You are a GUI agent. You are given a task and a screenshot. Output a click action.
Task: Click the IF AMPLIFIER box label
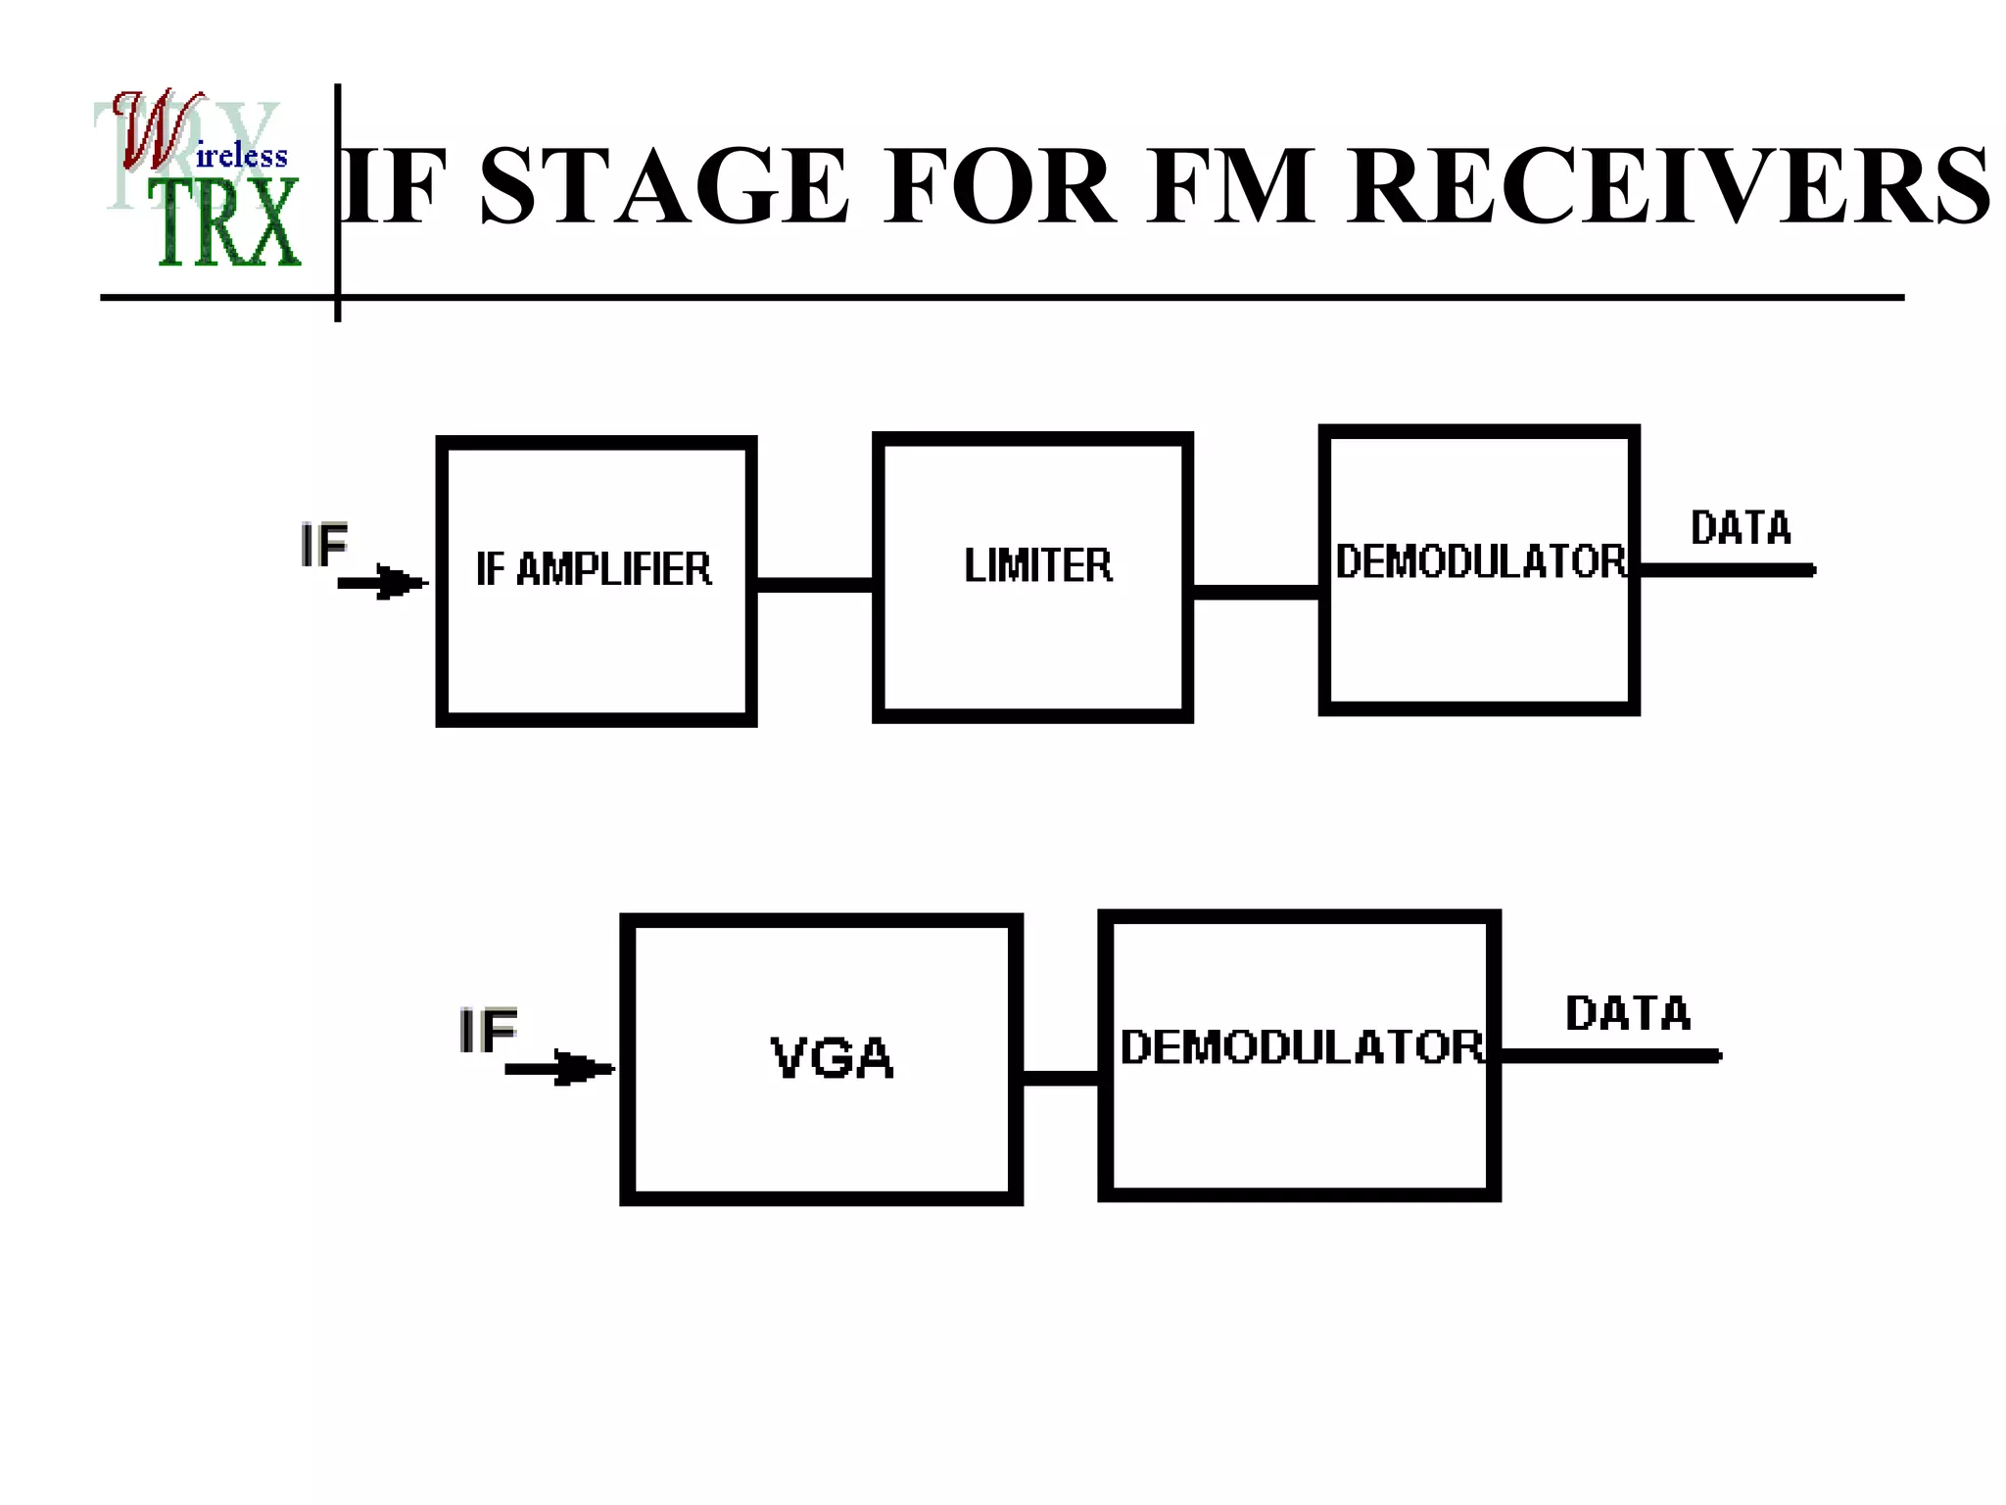(594, 569)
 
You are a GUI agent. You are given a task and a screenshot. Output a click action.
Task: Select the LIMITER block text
(1038, 565)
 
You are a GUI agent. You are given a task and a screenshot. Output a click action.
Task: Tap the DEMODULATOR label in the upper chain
(1480, 561)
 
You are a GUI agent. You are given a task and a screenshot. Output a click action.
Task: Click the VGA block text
(832, 1058)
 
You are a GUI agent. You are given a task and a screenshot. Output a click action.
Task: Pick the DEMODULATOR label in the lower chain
(1302, 1046)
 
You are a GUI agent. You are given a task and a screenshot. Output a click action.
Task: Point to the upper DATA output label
(1741, 528)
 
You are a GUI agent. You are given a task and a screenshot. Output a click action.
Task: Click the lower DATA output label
(1628, 1013)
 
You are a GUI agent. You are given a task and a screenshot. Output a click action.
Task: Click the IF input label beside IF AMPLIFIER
(324, 545)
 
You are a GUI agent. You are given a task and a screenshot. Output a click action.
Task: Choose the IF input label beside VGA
(488, 1031)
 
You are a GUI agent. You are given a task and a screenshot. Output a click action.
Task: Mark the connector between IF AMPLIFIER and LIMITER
(815, 585)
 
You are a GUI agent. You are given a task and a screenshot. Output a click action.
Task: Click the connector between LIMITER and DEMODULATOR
(1256, 592)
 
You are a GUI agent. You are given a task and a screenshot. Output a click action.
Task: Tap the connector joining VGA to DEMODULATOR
(1061, 1078)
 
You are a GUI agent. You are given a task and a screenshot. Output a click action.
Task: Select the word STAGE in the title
(665, 186)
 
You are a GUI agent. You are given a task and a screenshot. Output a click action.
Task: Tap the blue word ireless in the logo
(242, 156)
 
